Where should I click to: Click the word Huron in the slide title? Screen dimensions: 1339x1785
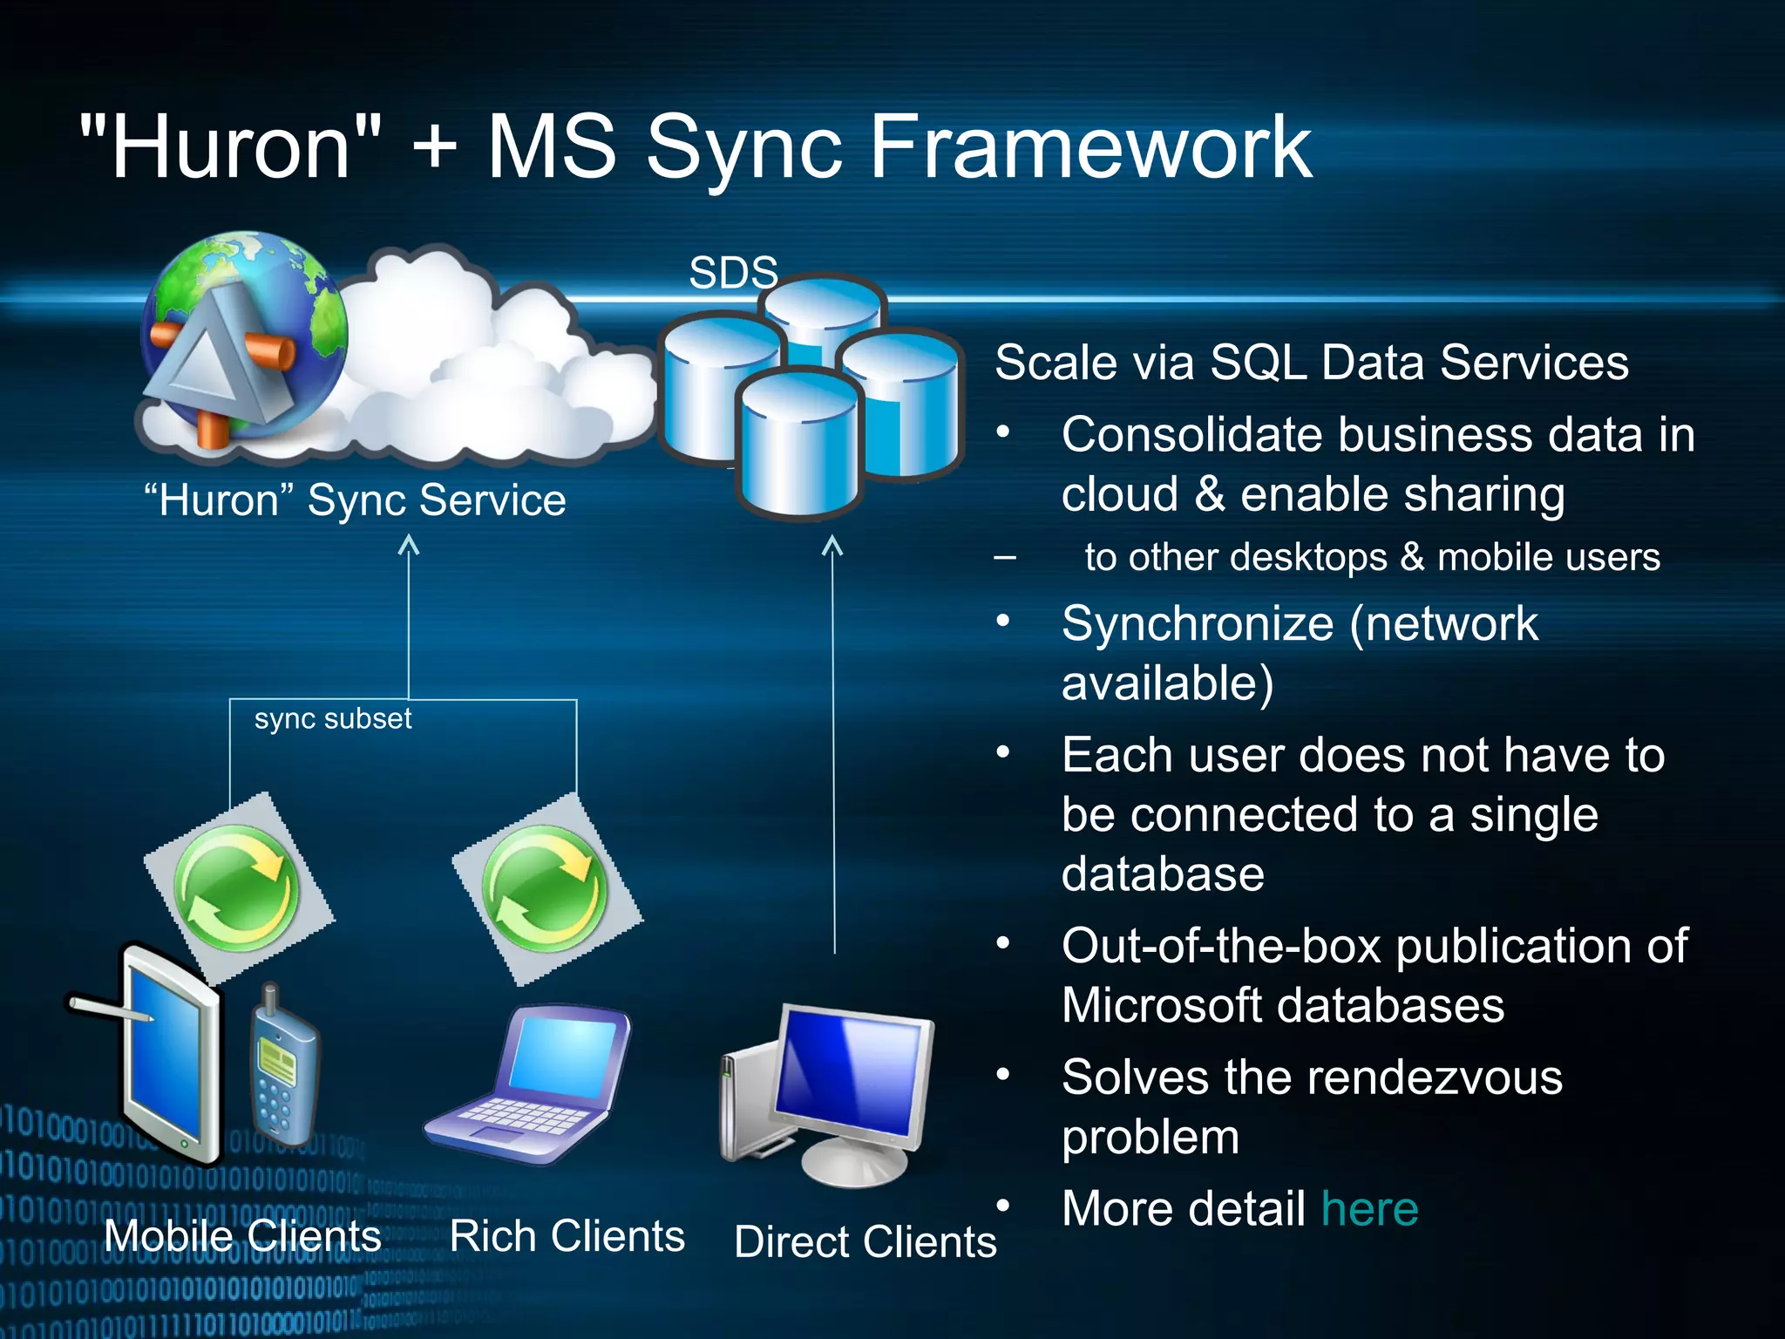231,148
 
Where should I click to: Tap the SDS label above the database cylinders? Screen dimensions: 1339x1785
733,273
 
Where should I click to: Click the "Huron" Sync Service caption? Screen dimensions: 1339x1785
355,500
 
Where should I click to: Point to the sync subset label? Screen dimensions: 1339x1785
332,718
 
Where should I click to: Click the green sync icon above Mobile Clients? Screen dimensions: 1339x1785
237,889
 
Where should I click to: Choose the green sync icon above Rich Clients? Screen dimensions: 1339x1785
546,889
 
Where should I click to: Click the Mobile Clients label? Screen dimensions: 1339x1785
242,1236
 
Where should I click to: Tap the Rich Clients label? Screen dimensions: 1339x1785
567,1236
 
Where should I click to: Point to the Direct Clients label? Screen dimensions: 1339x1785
865,1241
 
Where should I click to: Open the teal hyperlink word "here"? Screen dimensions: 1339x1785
1369,1209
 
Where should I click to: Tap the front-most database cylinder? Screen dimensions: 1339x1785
798,445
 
